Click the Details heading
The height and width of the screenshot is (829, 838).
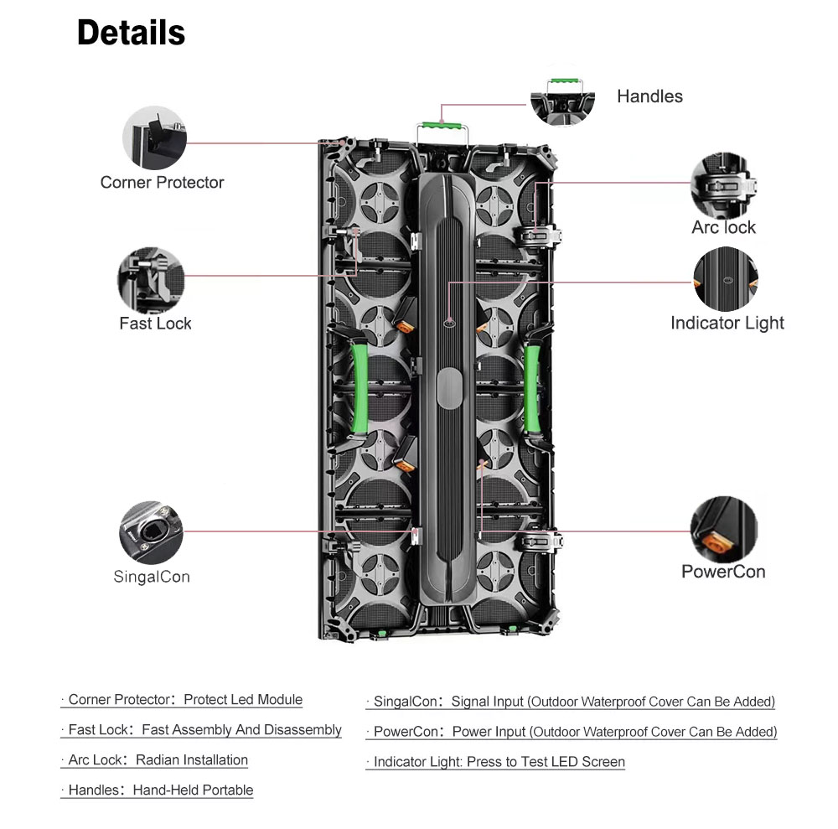(131, 33)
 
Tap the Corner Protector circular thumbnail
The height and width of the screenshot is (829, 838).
(154, 137)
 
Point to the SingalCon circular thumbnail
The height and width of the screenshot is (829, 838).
(151, 533)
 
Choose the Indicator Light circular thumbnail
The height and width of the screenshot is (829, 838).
(727, 280)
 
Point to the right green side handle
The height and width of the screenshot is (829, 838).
(531, 389)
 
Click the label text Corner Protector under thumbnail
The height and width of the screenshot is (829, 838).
(162, 183)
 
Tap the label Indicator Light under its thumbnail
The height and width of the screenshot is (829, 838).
(727, 324)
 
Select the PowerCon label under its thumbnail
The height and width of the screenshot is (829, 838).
(723, 572)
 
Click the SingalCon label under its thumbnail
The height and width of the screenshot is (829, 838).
(152, 577)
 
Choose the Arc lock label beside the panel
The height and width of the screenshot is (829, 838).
(723, 228)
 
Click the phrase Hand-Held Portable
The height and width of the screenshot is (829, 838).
(193, 790)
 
